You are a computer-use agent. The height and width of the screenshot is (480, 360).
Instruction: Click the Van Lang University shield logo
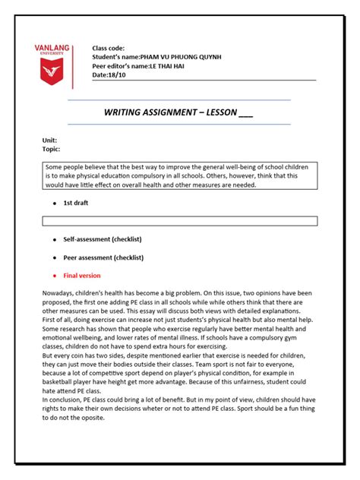click(x=52, y=73)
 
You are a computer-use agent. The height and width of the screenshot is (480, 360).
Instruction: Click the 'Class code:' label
click(x=109, y=48)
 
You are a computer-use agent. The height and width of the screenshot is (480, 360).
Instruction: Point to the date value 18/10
click(x=116, y=74)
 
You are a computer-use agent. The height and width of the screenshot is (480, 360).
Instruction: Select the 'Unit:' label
click(x=49, y=141)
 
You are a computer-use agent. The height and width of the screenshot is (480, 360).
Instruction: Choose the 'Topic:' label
click(x=51, y=150)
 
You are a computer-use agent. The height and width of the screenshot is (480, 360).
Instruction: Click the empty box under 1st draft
click(x=179, y=221)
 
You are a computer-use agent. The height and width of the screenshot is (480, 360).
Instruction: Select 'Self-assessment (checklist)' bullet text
click(x=103, y=239)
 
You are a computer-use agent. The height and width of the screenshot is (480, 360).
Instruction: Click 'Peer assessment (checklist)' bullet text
click(x=104, y=257)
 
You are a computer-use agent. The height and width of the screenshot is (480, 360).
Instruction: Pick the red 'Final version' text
click(x=82, y=276)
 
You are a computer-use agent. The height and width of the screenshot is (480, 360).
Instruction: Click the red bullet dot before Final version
click(x=54, y=276)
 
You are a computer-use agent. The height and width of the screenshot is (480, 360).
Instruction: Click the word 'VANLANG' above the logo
click(x=52, y=48)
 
